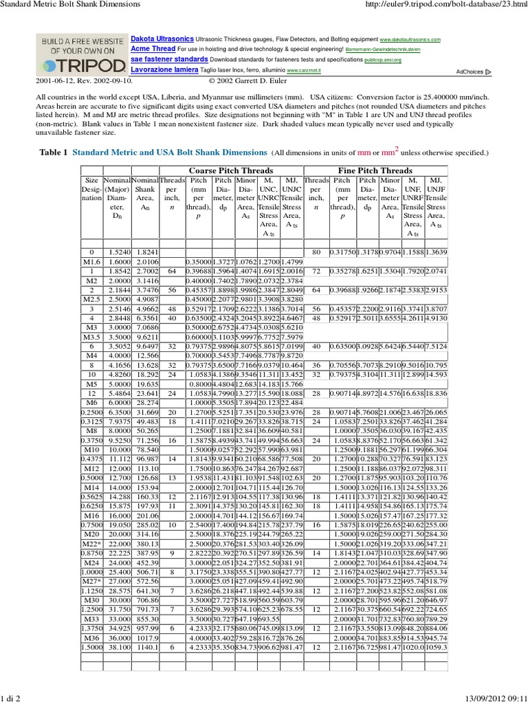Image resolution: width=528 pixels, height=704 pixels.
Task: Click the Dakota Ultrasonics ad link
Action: tap(162, 40)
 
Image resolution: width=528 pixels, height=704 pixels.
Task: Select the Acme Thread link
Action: tap(153, 49)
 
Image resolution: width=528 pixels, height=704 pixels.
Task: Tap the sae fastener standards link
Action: tap(164, 60)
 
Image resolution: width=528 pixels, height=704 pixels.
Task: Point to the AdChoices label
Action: tap(469, 71)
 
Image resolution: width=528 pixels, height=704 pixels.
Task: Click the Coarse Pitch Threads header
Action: tap(230, 170)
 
